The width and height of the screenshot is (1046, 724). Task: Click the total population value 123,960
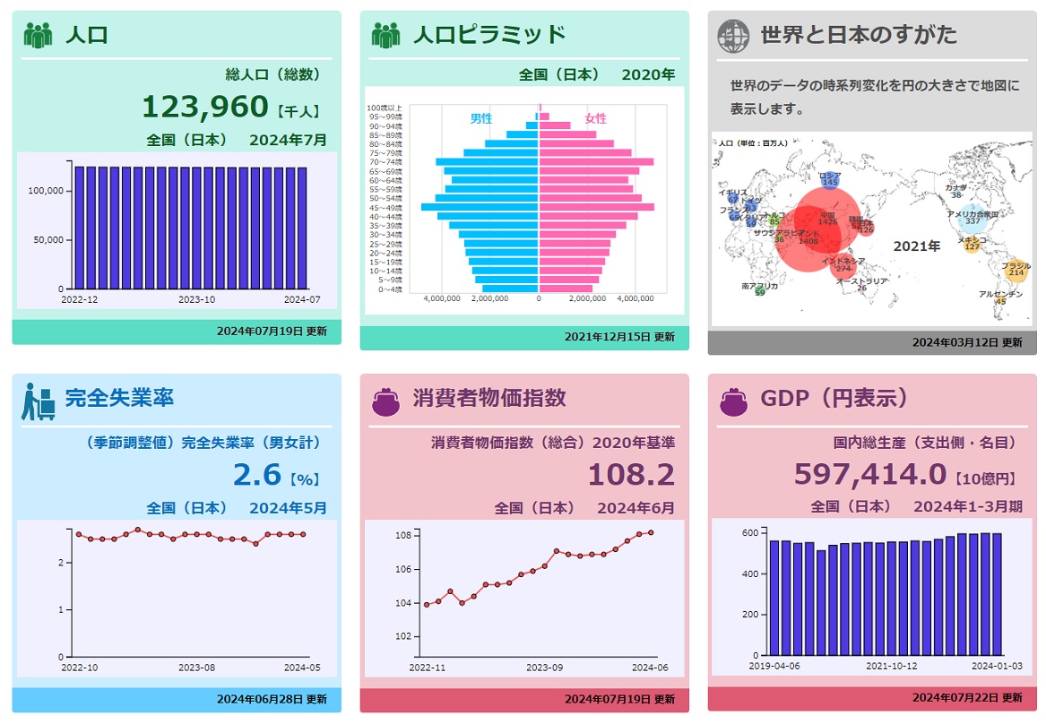(205, 108)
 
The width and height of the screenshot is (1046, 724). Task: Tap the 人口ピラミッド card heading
(488, 35)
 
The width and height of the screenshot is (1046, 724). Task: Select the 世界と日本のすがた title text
(858, 35)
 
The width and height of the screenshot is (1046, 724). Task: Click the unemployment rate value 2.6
(257, 474)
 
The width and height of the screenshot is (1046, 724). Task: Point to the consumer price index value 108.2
(631, 474)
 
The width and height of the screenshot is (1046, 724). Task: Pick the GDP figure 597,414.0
(869, 474)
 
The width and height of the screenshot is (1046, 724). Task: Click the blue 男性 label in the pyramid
(481, 118)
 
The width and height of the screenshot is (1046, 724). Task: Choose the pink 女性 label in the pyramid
(596, 118)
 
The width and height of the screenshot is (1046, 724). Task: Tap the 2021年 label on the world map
(917, 246)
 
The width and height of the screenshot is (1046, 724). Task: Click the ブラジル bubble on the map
(1016, 270)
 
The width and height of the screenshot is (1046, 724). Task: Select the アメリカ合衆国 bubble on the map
(973, 218)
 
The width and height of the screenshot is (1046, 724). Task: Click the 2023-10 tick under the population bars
(196, 300)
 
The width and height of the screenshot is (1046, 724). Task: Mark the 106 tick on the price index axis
(402, 569)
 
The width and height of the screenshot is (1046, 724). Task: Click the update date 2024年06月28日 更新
(272, 699)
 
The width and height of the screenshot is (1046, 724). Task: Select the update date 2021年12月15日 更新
(619, 337)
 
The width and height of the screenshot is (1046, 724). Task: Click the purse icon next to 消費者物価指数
(385, 399)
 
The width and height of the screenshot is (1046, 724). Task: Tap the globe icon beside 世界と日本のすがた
(733, 36)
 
